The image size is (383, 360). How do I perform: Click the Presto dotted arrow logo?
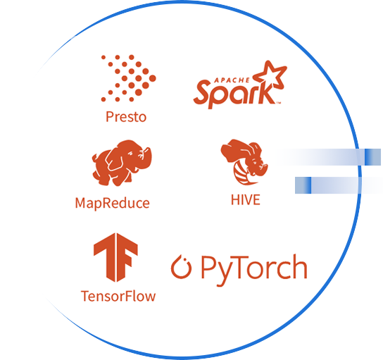(128, 78)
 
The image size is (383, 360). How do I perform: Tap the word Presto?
(126, 117)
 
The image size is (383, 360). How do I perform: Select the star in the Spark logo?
(270, 74)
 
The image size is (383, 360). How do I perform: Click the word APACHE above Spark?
(232, 80)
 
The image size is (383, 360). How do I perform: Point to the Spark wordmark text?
(234, 94)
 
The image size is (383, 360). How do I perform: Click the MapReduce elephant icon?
(122, 163)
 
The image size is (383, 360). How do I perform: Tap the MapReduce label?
(113, 204)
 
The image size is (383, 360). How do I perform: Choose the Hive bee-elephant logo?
(244, 162)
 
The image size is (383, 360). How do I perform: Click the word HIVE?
(246, 199)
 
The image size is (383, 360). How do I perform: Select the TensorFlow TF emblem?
(115, 257)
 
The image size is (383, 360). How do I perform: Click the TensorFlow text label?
(118, 296)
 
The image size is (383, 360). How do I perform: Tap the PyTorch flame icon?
(181, 267)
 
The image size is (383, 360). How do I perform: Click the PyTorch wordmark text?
(254, 269)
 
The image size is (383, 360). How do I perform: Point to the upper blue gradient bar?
(329, 157)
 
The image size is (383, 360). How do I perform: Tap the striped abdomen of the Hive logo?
(241, 174)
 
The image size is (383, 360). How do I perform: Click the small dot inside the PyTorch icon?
(185, 260)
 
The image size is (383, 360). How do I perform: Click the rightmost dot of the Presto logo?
(152, 78)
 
